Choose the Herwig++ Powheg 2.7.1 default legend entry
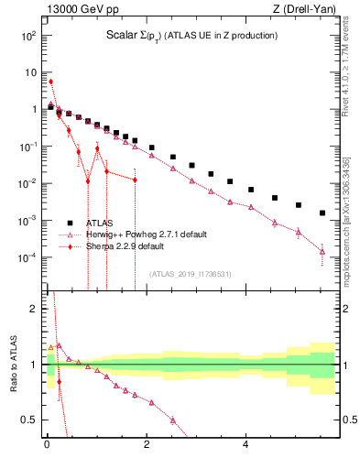click(x=137, y=234)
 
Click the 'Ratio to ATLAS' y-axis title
click(x=12, y=364)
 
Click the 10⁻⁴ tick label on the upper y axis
click(x=27, y=257)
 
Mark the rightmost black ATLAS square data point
click(x=322, y=213)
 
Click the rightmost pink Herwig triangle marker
click(x=322, y=251)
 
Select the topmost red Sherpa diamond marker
click(x=50, y=82)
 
